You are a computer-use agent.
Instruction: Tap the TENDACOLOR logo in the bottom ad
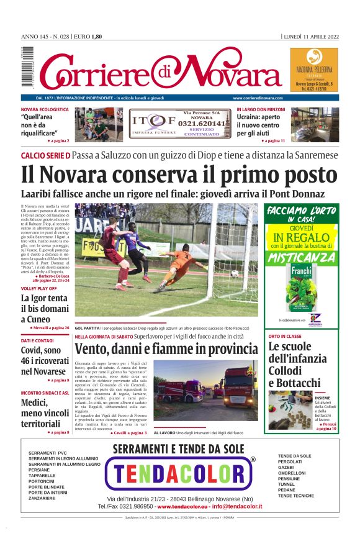pyautogui.click(x=180, y=475)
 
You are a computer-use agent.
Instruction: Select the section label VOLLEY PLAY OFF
pyautogui.click(x=38, y=289)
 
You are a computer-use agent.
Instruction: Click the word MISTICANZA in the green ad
pyautogui.click(x=301, y=257)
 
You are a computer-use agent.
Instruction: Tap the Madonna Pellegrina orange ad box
pyautogui.click(x=314, y=70)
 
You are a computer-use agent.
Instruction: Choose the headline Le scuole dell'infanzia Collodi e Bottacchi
pyautogui.click(x=294, y=365)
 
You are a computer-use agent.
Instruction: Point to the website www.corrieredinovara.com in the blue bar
pyautogui.click(x=258, y=98)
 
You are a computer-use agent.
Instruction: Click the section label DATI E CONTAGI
pyautogui.click(x=37, y=340)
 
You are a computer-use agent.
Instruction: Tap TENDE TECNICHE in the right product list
pyautogui.click(x=296, y=496)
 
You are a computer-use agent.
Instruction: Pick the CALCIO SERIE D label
pyautogui.click(x=45, y=155)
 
